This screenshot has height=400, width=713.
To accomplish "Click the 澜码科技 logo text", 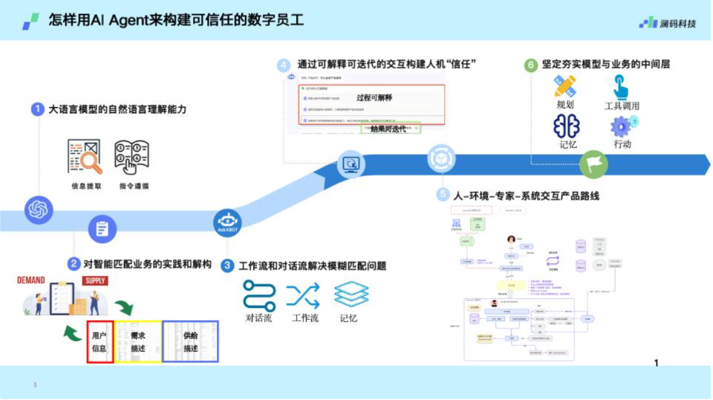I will pos(677,23).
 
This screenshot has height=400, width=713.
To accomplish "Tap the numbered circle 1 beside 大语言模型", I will pos(38,109).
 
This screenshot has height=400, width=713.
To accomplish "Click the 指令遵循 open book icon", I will pos(132,157).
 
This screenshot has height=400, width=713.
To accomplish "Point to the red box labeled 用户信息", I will pos(100,341).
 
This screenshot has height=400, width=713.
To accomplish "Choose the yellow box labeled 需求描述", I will pos(137,341).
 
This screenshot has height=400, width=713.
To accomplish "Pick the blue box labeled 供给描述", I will pos(190,341).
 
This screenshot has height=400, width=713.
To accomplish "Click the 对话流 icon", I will pos(259,295).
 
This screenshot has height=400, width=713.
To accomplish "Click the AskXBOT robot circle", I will pos(227,222).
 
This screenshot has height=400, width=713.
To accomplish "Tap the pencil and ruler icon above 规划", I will pos(565,86).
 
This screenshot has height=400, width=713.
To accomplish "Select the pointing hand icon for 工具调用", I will pos(621,87).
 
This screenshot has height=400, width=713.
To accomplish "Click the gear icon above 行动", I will pos(622,125).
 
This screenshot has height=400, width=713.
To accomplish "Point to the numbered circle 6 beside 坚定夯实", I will pos(530,65).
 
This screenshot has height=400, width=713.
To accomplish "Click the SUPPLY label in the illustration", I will pos(96,281).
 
